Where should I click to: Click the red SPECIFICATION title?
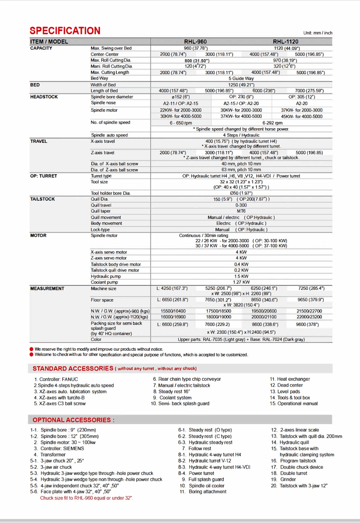tap(65, 31)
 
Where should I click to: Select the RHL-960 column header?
tap(195, 42)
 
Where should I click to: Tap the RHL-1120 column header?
tap(286, 42)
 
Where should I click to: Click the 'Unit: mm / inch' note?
tap(318, 33)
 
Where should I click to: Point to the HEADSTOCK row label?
tap(44, 97)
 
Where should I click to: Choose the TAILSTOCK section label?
tap(42, 199)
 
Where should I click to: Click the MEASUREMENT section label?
tap(47, 289)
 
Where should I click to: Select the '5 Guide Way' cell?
tap(241, 78)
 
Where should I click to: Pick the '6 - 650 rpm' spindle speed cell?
tap(181, 123)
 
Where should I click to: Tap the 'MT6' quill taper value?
tap(241, 211)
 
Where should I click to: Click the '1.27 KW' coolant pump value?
tap(241, 282)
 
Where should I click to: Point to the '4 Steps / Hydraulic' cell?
tap(241, 135)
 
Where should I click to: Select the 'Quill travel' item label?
tap(101, 205)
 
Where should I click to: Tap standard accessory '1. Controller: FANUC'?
tap(56, 379)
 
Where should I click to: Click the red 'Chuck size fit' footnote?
tap(87, 498)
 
